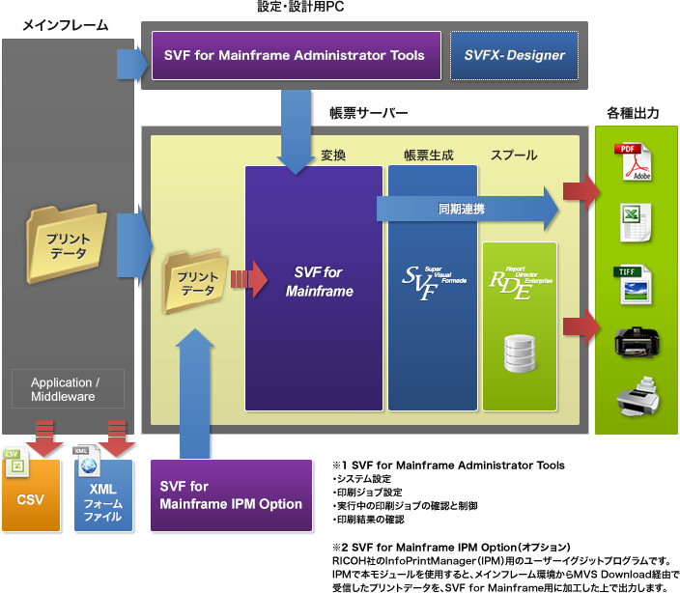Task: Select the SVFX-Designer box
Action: click(514, 55)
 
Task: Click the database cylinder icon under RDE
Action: click(519, 353)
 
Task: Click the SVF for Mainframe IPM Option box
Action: click(232, 495)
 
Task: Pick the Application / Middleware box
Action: click(78, 389)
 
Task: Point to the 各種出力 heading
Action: click(633, 113)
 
